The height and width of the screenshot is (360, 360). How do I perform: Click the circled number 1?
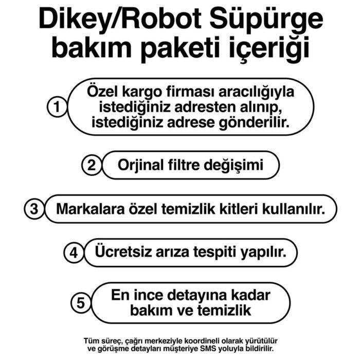point(57,108)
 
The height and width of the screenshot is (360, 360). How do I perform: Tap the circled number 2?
point(92,166)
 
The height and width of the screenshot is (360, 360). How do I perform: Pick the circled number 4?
point(74,253)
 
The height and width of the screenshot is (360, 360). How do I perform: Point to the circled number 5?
point(81,303)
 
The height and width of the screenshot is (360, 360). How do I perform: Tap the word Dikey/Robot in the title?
point(116,20)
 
